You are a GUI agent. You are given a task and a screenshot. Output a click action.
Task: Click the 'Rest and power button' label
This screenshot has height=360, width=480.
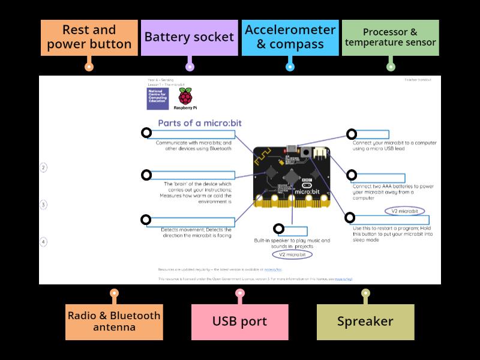(89, 37)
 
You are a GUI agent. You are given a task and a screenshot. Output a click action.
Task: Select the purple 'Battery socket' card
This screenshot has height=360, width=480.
(189, 37)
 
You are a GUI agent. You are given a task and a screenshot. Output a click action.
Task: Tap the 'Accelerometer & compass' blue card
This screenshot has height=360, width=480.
(290, 37)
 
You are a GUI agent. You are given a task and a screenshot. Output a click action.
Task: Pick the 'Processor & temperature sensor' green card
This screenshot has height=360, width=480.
(391, 37)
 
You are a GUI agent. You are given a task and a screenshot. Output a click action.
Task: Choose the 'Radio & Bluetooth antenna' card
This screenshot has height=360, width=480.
(114, 321)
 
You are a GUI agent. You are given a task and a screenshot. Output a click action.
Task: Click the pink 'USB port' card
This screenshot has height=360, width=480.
(239, 321)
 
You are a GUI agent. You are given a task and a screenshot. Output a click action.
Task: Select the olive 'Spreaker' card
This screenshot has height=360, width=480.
(365, 321)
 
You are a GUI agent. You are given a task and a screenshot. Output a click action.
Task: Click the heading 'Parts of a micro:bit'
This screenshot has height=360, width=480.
(203, 123)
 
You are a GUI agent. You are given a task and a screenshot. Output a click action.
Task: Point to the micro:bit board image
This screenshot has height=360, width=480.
(292, 177)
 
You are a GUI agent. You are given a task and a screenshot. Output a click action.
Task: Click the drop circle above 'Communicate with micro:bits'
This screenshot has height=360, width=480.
(145, 133)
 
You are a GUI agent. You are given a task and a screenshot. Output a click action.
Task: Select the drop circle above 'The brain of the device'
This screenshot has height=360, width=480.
(145, 175)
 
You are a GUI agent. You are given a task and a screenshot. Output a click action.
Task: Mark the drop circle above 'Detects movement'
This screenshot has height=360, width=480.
(145, 220)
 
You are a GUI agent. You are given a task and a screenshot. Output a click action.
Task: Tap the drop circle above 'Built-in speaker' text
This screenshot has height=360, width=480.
(278, 229)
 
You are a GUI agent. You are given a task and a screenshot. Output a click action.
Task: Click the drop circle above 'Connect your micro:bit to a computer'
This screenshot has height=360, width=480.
(352, 134)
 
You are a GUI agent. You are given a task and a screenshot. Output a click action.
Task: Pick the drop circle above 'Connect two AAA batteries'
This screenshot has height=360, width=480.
(352, 175)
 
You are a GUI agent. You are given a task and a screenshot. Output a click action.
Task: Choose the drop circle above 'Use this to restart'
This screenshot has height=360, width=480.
(350, 218)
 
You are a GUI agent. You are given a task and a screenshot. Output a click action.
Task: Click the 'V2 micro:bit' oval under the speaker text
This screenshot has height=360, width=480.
(292, 254)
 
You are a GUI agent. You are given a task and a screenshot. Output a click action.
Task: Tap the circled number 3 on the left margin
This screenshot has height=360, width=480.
(43, 205)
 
